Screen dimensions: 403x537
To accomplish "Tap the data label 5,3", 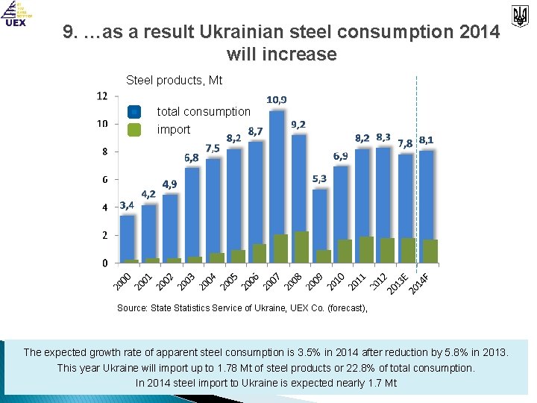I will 319,178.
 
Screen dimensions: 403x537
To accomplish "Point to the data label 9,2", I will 298,124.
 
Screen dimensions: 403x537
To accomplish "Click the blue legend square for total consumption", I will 134,112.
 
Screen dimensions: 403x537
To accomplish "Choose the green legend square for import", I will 134,129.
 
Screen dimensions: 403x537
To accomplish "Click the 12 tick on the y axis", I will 101,96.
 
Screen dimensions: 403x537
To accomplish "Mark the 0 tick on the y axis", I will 104,263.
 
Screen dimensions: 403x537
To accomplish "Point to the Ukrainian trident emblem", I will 519,15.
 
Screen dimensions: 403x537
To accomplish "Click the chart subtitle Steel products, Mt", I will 175,80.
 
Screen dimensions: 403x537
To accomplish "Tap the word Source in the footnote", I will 132,307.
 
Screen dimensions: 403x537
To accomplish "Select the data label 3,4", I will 127,204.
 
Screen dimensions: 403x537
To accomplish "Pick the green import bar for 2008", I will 301,246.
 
